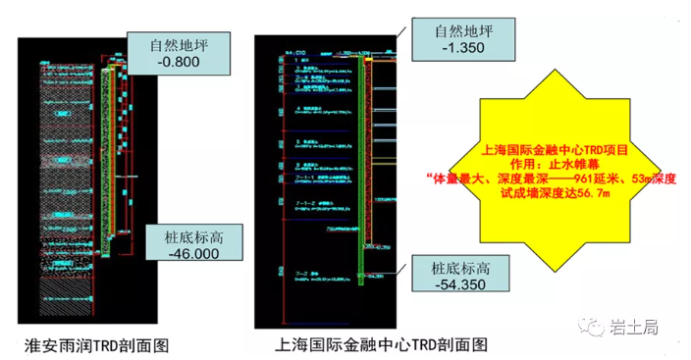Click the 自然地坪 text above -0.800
[x=177, y=44]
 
